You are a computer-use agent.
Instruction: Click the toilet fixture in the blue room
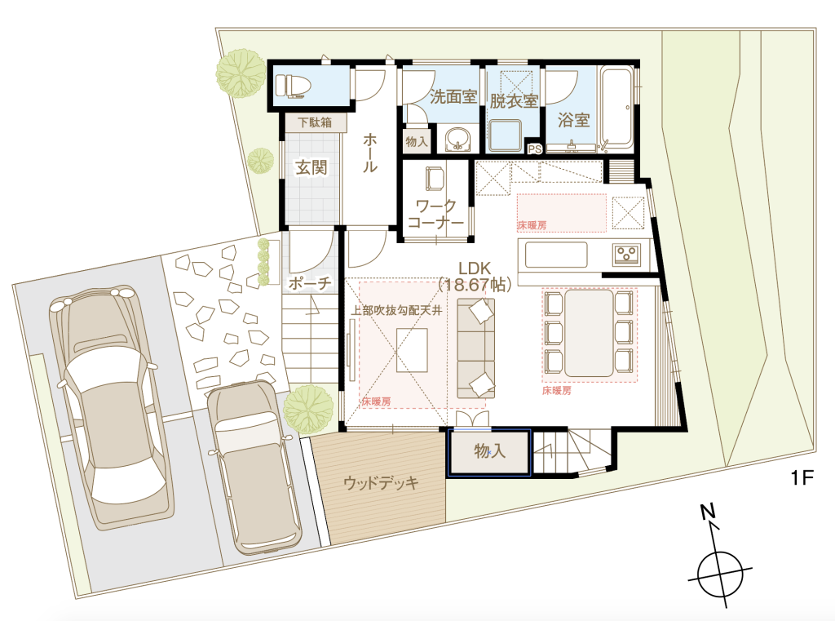click(x=290, y=86)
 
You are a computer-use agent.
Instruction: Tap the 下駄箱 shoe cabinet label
click(x=315, y=122)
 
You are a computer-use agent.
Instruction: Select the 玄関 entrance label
click(x=311, y=167)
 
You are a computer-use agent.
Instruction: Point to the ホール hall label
click(x=370, y=153)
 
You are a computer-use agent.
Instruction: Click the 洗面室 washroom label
click(x=453, y=96)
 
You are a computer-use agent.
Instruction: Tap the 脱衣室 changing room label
click(x=514, y=100)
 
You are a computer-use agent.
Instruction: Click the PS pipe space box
click(x=534, y=149)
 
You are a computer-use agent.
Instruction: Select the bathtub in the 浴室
click(x=617, y=108)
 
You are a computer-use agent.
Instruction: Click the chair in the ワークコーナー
click(x=435, y=179)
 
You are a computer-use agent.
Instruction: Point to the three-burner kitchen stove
click(x=626, y=254)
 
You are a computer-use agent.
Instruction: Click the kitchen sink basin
click(x=556, y=255)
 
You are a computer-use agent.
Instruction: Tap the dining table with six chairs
click(x=589, y=333)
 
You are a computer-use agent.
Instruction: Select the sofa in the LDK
click(x=475, y=348)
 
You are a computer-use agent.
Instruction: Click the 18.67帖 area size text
click(x=475, y=284)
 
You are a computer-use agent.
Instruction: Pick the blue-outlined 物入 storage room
click(x=489, y=452)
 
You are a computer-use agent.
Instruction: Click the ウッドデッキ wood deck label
click(x=381, y=483)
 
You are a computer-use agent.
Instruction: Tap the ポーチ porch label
click(x=310, y=283)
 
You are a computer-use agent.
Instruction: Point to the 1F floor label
click(x=802, y=477)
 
